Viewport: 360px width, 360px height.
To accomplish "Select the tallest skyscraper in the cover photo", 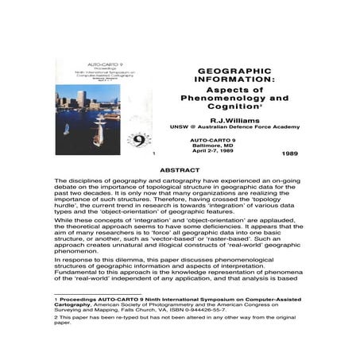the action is tap(82, 98).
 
